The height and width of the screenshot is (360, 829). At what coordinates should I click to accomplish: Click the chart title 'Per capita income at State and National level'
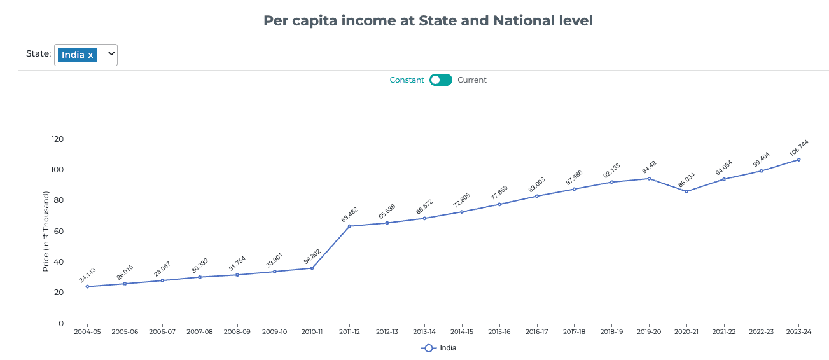[x=428, y=21]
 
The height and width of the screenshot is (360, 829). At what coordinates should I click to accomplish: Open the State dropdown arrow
[x=111, y=54]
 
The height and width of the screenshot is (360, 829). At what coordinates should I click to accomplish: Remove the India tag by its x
[x=90, y=55]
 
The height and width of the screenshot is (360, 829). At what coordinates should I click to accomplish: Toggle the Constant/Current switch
[x=440, y=80]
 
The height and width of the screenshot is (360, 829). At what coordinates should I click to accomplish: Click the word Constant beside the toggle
[x=407, y=80]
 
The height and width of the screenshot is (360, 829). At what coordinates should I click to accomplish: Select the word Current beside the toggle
[x=472, y=80]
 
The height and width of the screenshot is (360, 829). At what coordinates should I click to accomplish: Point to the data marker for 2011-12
[x=349, y=226]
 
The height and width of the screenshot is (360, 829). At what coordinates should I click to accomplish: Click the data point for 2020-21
[x=686, y=191]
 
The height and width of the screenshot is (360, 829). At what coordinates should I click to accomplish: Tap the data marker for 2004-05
[x=87, y=286]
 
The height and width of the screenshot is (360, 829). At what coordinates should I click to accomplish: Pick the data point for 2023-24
[x=798, y=160]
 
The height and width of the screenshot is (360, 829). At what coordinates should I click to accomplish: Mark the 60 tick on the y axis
[x=59, y=232]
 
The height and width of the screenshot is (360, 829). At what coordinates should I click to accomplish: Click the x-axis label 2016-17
[x=536, y=332]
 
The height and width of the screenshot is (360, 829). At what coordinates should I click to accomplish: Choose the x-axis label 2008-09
[x=237, y=332]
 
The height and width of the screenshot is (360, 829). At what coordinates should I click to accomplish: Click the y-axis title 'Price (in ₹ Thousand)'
[x=46, y=232]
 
